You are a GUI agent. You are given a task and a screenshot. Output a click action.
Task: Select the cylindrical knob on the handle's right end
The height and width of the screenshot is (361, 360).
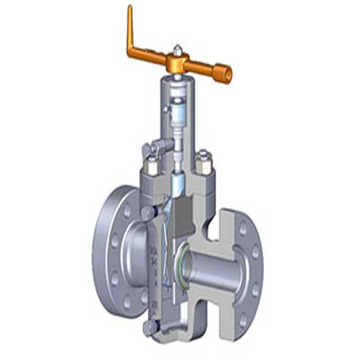click(x=222, y=73)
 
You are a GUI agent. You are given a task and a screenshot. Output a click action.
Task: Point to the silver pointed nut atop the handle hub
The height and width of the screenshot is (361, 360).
click(x=178, y=51)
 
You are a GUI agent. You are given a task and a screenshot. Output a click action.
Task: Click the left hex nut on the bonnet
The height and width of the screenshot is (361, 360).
click(x=151, y=168)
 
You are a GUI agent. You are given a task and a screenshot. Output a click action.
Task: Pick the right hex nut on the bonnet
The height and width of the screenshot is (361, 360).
click(x=204, y=161)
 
